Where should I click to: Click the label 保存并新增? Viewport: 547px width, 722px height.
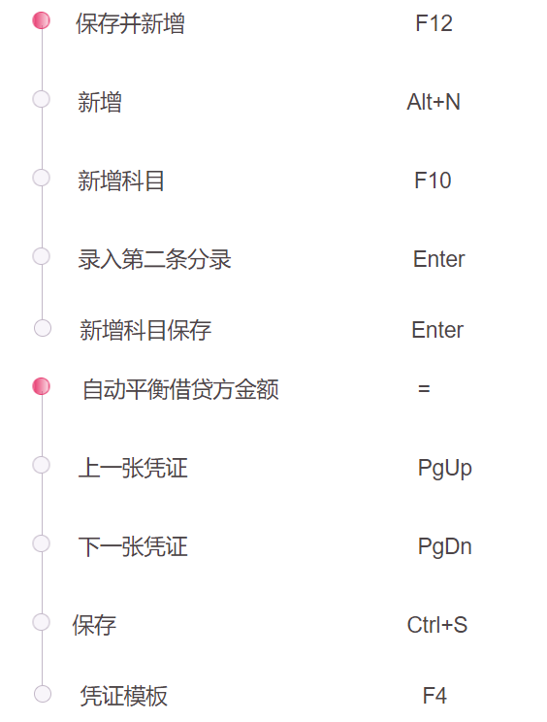130,23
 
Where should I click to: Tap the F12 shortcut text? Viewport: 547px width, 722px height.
434,23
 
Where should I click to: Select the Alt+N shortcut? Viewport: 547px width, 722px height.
434,102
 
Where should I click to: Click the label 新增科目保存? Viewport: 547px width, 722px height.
145,330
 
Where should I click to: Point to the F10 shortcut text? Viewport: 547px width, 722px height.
433,180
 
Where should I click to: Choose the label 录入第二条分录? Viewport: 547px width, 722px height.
154,259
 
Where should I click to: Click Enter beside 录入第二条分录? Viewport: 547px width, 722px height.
439,259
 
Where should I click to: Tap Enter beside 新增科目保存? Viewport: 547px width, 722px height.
437,330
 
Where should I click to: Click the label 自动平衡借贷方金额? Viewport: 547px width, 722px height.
180,389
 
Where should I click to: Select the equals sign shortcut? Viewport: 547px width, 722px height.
424,389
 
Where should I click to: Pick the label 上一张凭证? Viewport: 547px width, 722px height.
133,469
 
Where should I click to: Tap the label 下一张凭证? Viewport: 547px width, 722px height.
133,547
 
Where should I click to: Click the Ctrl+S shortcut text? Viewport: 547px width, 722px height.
437,625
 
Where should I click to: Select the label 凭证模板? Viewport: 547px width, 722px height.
124,696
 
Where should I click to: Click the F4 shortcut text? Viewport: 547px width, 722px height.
434,696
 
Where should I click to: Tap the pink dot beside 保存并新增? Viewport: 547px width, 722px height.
42,20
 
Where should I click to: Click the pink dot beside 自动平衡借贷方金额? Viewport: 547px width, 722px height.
42,386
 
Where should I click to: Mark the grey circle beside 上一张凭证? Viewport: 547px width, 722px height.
42,465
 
